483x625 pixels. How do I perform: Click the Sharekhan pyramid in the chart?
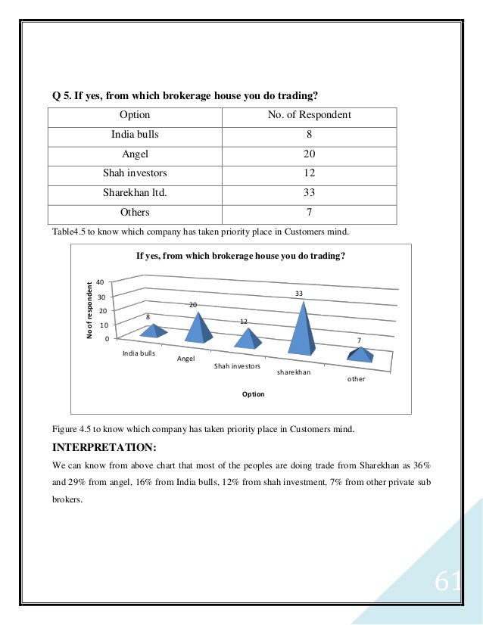click(x=303, y=333)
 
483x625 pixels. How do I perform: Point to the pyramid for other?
click(x=360, y=354)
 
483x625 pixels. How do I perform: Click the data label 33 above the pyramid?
click(x=299, y=293)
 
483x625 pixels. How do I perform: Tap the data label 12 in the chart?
click(x=244, y=322)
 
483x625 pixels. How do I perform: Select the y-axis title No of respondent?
click(x=89, y=309)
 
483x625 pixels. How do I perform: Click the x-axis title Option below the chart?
click(x=253, y=394)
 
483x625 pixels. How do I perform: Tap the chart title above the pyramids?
click(x=241, y=257)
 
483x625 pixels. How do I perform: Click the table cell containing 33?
click(x=309, y=192)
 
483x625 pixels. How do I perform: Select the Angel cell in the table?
click(x=135, y=154)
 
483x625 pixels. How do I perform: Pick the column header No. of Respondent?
click(x=309, y=116)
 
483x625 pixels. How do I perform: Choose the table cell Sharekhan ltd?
click(x=135, y=192)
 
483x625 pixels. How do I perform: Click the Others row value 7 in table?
click(x=309, y=212)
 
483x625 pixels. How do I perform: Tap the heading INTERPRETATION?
click(x=104, y=446)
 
